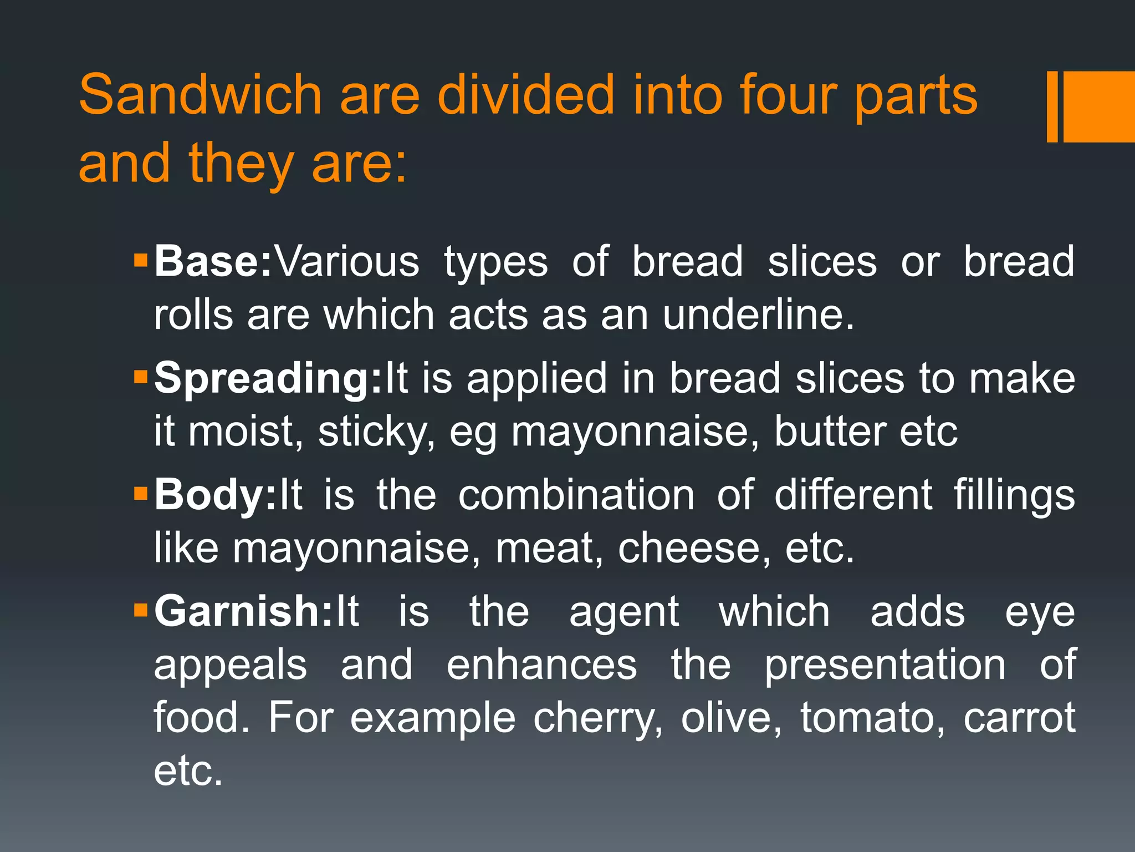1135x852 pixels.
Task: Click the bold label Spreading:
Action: click(268, 378)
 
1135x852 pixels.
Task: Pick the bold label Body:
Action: click(215, 494)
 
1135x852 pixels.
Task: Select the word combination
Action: click(576, 494)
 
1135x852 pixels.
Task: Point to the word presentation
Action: click(885, 665)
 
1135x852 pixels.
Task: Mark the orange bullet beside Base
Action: click(141, 260)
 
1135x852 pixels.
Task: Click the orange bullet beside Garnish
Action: click(141, 610)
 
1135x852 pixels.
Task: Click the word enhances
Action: click(542, 665)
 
